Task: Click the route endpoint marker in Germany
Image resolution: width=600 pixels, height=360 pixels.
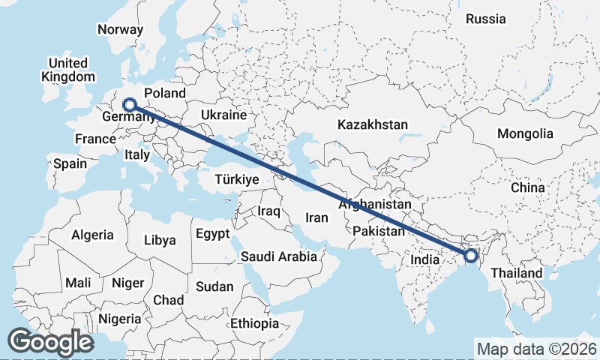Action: click(130, 105)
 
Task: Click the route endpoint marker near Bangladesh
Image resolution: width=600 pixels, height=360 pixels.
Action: click(470, 256)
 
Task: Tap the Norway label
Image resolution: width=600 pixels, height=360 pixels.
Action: click(120, 30)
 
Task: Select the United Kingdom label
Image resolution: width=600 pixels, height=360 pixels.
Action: click(68, 70)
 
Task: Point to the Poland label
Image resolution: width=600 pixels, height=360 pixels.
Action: click(164, 93)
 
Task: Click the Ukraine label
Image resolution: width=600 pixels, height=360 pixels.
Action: click(223, 115)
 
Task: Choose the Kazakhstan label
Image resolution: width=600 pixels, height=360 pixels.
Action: click(372, 124)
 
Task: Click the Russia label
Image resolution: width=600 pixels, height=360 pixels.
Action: click(485, 19)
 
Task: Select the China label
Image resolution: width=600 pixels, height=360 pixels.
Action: click(528, 187)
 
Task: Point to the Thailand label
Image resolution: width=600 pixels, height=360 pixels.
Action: click(517, 273)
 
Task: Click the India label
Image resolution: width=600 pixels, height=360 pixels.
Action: click(424, 260)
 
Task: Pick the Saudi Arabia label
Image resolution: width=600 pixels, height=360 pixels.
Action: click(278, 256)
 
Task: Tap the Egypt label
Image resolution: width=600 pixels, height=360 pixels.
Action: click(212, 234)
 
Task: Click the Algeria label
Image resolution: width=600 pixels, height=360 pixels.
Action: click(93, 235)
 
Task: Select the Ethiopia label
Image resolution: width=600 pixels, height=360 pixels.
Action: click(255, 324)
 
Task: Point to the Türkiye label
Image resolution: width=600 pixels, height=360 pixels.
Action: click(236, 180)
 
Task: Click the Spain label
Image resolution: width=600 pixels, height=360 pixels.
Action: click(70, 163)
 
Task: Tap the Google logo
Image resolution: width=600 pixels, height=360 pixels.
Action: click(50, 342)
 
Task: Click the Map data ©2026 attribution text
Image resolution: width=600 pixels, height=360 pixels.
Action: click(537, 349)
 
